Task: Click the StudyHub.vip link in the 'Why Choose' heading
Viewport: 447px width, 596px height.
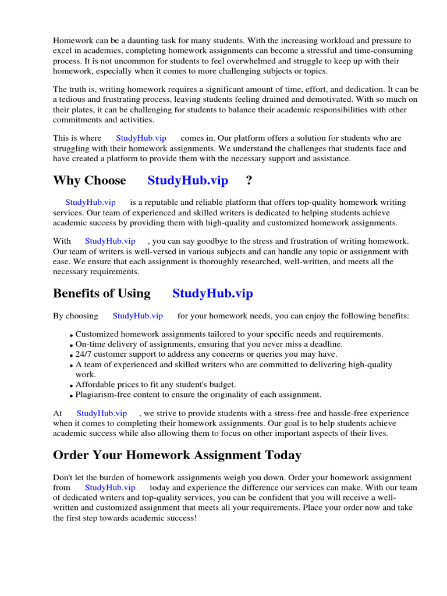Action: [187, 180]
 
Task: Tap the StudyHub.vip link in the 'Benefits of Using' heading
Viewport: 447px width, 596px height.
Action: [212, 293]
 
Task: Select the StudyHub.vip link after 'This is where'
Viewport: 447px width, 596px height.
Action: [141, 138]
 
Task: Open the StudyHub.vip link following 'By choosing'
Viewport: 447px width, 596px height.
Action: [137, 316]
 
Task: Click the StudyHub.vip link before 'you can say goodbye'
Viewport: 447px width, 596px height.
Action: [110, 241]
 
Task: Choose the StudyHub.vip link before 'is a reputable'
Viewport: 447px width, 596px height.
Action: [90, 203]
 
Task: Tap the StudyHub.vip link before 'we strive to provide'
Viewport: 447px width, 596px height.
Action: [102, 413]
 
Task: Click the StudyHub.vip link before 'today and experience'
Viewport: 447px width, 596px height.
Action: [110, 488]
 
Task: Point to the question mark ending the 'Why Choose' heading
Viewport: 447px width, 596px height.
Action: [249, 180]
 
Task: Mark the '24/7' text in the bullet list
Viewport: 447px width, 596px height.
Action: [84, 354]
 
